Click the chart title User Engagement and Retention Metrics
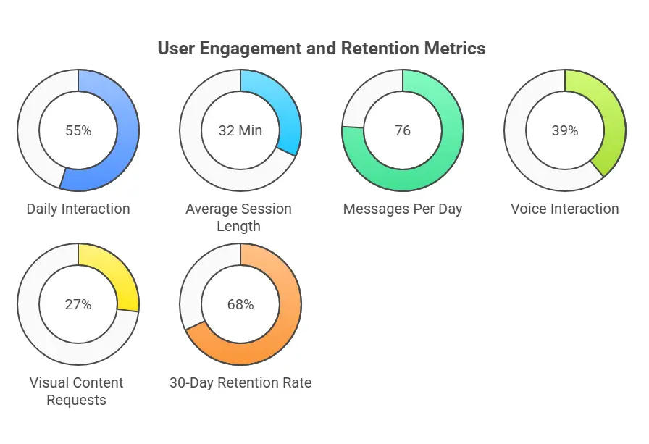pos(322,49)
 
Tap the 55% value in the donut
pos(78,131)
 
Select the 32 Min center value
pos(240,131)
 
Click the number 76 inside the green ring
pos(403,131)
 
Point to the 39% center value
pos(565,131)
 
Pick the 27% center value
pos(78,305)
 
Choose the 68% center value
pos(240,305)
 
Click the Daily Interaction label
pos(78,209)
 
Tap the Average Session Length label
pos(238,217)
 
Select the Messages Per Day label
pos(403,209)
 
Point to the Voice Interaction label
pos(565,209)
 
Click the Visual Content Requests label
pos(77,391)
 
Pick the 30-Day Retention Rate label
pos(240,383)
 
